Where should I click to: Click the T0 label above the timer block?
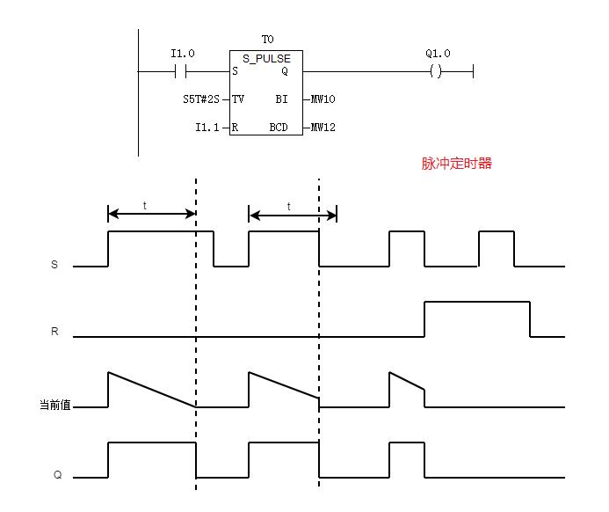(267, 40)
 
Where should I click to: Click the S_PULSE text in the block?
(266, 59)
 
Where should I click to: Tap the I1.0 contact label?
(183, 54)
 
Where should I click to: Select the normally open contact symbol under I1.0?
(183, 71)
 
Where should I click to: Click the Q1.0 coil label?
(438, 54)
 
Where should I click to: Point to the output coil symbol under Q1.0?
(436, 71)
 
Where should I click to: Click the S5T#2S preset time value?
(200, 99)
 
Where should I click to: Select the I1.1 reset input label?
(207, 128)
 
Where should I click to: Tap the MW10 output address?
(323, 99)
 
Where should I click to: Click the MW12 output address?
(323, 128)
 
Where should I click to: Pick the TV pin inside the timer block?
(238, 99)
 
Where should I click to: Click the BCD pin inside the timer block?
(279, 128)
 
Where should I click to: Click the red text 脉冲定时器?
(457, 163)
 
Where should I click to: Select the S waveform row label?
(54, 264)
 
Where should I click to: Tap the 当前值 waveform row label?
(54, 406)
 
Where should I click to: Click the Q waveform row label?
(56, 476)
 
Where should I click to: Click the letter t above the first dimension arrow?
(145, 205)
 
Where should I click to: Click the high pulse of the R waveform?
(477, 303)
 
